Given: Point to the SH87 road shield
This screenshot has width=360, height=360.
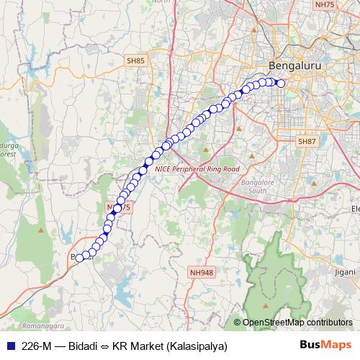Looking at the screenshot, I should point(307,142).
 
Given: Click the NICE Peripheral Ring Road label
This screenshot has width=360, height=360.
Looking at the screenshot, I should point(196,168).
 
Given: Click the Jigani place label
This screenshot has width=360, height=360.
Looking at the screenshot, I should point(345,272).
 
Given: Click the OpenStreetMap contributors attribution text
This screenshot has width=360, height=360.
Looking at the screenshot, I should point(297,323).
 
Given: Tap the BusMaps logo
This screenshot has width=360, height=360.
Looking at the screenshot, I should point(325,346).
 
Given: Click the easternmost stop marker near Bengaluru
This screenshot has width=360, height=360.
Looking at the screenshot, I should point(281,84).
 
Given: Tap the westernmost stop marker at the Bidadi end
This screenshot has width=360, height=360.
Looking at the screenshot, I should point(79,256).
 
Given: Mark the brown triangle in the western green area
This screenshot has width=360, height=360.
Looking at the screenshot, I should point(41,230).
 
